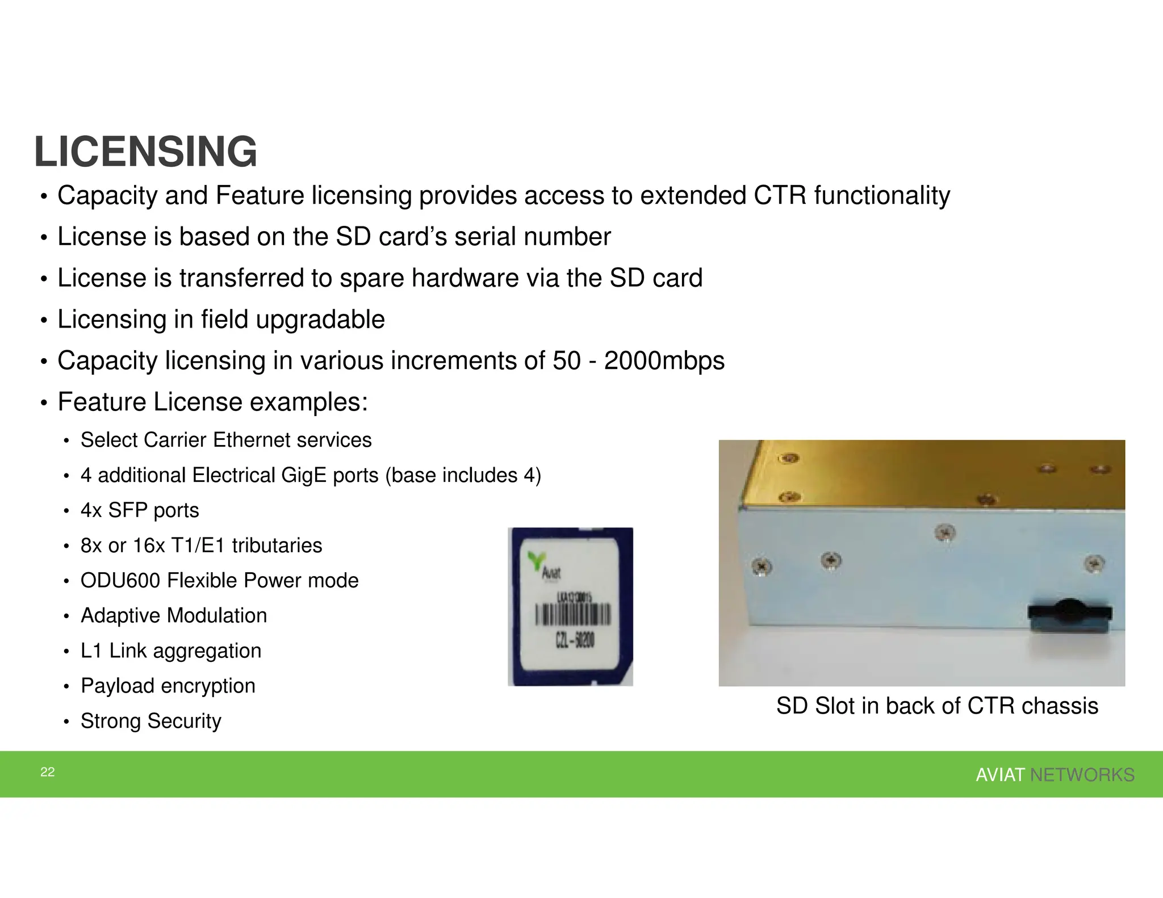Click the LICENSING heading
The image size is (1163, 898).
(x=145, y=152)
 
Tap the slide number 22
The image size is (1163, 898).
(x=48, y=772)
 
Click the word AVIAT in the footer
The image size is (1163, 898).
(x=1000, y=775)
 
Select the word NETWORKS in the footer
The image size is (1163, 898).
(x=1082, y=775)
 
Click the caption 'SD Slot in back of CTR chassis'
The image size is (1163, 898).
(x=937, y=706)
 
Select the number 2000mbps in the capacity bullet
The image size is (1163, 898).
(x=664, y=361)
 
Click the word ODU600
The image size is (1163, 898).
(x=120, y=581)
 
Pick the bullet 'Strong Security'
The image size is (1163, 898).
(x=150, y=721)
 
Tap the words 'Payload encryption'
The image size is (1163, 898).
(x=168, y=686)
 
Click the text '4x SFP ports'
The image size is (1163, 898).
(x=140, y=510)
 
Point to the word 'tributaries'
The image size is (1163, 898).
(x=277, y=545)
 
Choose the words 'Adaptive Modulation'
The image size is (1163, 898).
(x=174, y=616)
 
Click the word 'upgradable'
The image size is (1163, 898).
(x=320, y=320)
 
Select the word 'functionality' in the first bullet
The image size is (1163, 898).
(x=882, y=196)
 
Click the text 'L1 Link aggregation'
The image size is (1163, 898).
(x=171, y=651)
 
